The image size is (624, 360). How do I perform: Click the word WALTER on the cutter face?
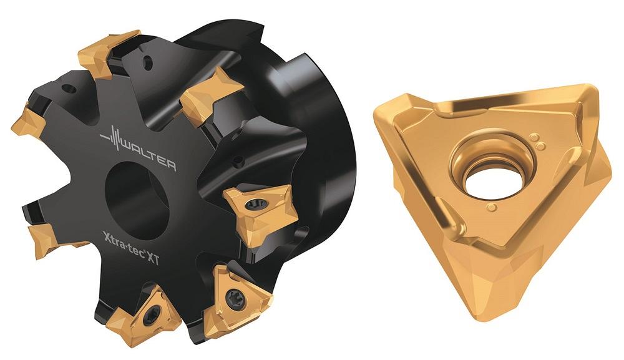tap(148, 158)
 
